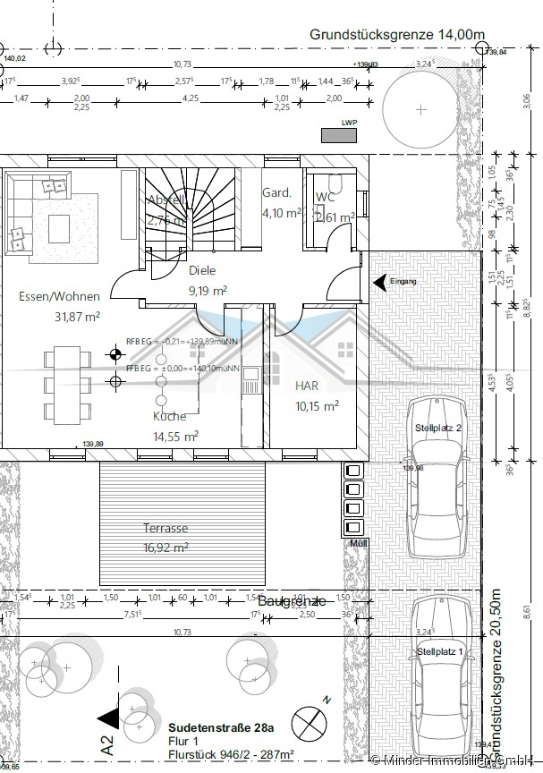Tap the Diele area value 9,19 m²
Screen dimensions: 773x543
pos(208,290)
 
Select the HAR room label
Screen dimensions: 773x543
pos(308,386)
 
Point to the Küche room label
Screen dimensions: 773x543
pos(169,416)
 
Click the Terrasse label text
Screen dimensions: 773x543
pos(165,529)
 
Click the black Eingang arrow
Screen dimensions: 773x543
pos(379,282)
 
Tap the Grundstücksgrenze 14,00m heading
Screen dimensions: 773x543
pos(396,33)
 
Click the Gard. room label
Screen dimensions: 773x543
pos(276,192)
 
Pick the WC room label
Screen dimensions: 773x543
pos(324,198)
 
